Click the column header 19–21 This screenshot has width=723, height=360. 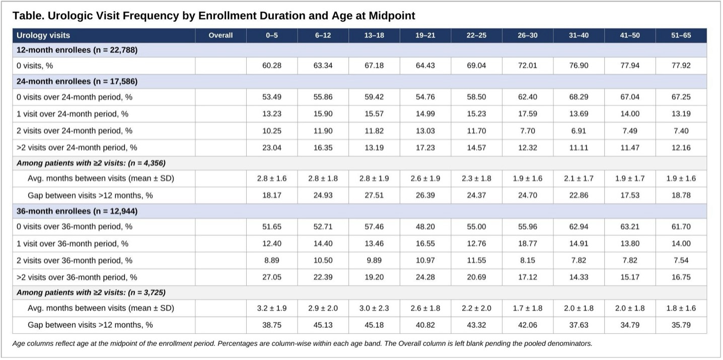(x=425, y=36)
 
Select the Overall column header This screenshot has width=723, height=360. (x=221, y=36)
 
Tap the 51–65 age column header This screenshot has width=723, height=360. (x=681, y=36)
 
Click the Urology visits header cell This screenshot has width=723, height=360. (x=43, y=36)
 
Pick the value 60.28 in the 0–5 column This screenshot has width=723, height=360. (x=272, y=65)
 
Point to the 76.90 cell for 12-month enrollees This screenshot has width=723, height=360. (x=579, y=65)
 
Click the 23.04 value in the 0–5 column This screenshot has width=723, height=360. (x=272, y=148)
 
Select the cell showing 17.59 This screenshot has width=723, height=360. (x=528, y=114)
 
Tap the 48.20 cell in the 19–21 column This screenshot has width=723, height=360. (x=425, y=227)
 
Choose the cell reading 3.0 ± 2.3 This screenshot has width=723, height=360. (x=374, y=308)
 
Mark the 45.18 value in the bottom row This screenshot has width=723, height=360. (x=374, y=325)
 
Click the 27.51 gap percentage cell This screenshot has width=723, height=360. (x=374, y=195)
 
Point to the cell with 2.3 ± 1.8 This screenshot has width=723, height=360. (x=476, y=179)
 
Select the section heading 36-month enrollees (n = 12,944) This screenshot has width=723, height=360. (x=77, y=211)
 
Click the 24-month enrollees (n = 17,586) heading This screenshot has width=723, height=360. (x=77, y=82)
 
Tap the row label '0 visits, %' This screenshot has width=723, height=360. (x=35, y=66)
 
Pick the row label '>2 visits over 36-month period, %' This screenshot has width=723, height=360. (x=77, y=277)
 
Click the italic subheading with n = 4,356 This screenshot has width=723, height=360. (x=91, y=163)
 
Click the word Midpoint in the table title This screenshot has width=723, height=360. (x=392, y=16)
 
